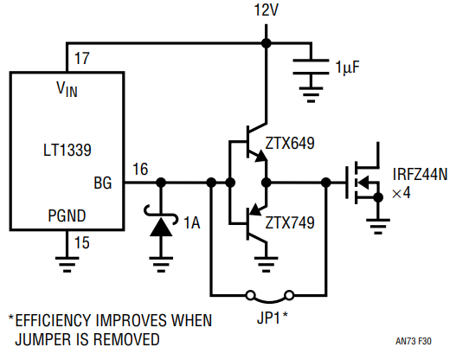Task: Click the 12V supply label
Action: [267, 10]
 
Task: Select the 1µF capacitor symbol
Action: [311, 67]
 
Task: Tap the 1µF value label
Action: [348, 67]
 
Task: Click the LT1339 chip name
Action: [67, 150]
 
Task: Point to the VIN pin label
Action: [67, 88]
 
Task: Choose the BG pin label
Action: [103, 183]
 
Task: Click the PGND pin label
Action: [67, 215]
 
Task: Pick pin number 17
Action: [81, 59]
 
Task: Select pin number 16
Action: [140, 169]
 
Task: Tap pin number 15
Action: [81, 242]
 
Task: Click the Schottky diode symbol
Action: [161, 222]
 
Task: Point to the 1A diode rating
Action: [192, 222]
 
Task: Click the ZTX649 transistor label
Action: [290, 143]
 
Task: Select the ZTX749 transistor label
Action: [290, 222]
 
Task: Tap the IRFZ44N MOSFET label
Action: [420, 175]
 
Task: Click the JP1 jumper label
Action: [273, 318]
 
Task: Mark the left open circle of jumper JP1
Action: [250, 295]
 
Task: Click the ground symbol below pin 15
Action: [67, 264]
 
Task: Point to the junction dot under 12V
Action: [267, 43]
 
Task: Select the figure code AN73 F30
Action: [414, 341]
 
